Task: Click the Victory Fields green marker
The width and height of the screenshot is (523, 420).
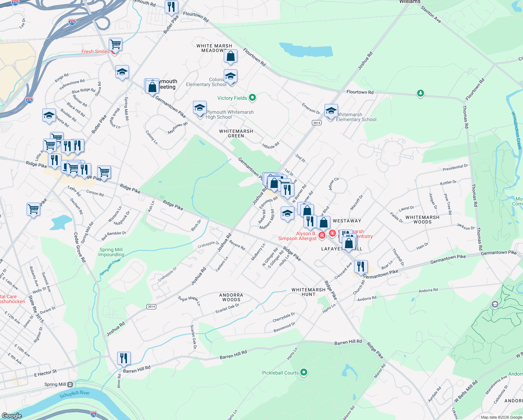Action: click(252, 98)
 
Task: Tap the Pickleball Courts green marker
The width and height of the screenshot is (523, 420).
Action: click(304, 372)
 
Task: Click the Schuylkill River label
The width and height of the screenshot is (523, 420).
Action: click(74, 394)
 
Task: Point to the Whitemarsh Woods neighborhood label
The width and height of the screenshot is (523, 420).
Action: click(422, 219)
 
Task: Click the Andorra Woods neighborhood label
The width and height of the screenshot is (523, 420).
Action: click(231, 297)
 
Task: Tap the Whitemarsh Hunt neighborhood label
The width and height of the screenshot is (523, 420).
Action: click(308, 292)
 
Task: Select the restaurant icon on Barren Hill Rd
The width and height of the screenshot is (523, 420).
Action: click(124, 358)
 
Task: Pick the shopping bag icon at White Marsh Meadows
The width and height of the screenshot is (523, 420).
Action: click(231, 56)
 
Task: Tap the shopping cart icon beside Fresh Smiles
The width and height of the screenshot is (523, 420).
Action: click(115, 44)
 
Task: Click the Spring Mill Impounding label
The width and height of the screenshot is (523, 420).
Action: click(111, 252)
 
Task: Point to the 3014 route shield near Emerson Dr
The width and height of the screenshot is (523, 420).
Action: click(317, 122)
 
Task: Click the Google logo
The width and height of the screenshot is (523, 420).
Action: click(12, 416)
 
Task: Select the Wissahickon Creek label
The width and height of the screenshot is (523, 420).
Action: click(516, 131)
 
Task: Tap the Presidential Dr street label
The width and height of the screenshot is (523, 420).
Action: click(455, 168)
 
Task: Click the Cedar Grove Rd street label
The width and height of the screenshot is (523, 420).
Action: click(80, 247)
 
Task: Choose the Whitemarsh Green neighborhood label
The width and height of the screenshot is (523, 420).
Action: click(236, 133)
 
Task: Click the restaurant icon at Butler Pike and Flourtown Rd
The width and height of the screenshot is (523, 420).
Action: click(171, 7)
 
